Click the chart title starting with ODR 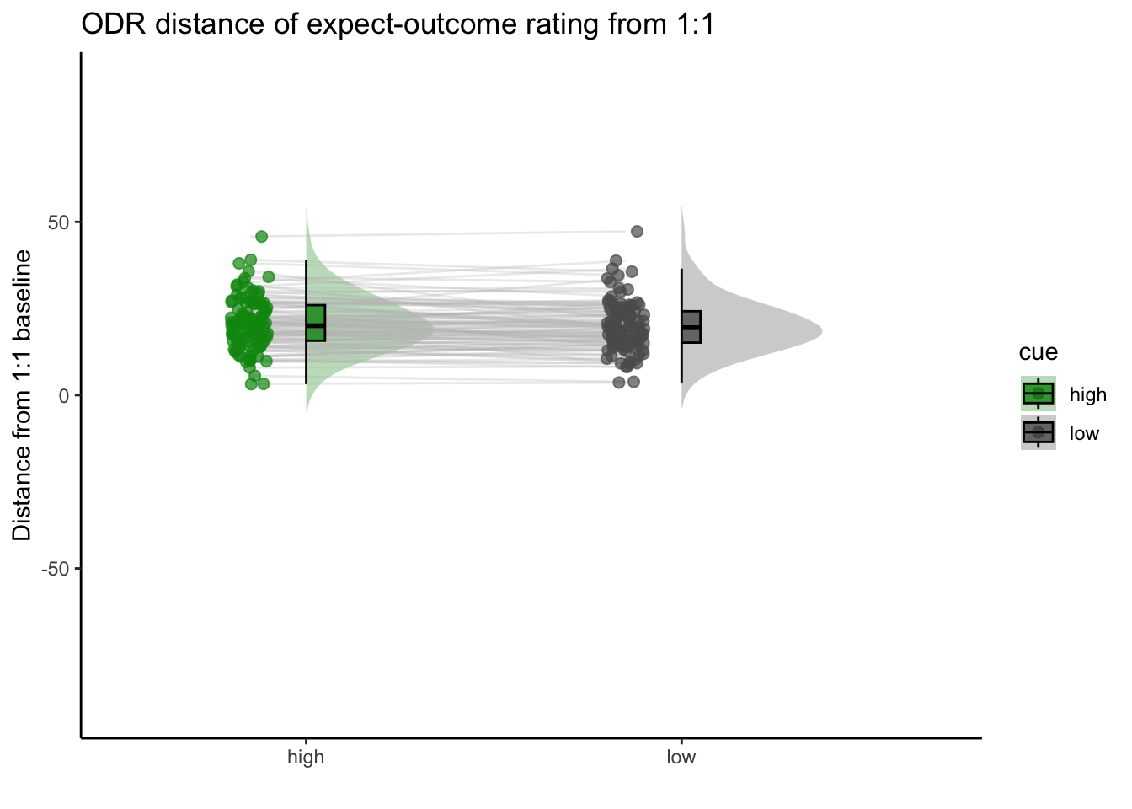pyautogui.click(x=398, y=24)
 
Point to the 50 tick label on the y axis pyautogui.click(x=58, y=222)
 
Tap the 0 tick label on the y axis pyautogui.click(x=64, y=396)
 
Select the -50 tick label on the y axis pyautogui.click(x=55, y=570)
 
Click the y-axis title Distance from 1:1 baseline pyautogui.click(x=22, y=395)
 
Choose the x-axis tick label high pyautogui.click(x=306, y=757)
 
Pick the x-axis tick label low pyautogui.click(x=681, y=757)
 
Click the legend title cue pyautogui.click(x=1038, y=352)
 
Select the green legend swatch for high pyautogui.click(x=1038, y=394)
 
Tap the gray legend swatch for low pyautogui.click(x=1038, y=432)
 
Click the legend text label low pyautogui.click(x=1084, y=433)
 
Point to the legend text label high pyautogui.click(x=1088, y=394)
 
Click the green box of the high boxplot pyautogui.click(x=316, y=323)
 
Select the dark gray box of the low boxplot pyautogui.click(x=691, y=327)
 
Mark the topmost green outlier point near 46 pyautogui.click(x=261, y=236)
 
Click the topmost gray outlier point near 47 pyautogui.click(x=637, y=232)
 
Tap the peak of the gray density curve pyautogui.click(x=822, y=331)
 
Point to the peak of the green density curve pyautogui.click(x=433, y=329)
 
